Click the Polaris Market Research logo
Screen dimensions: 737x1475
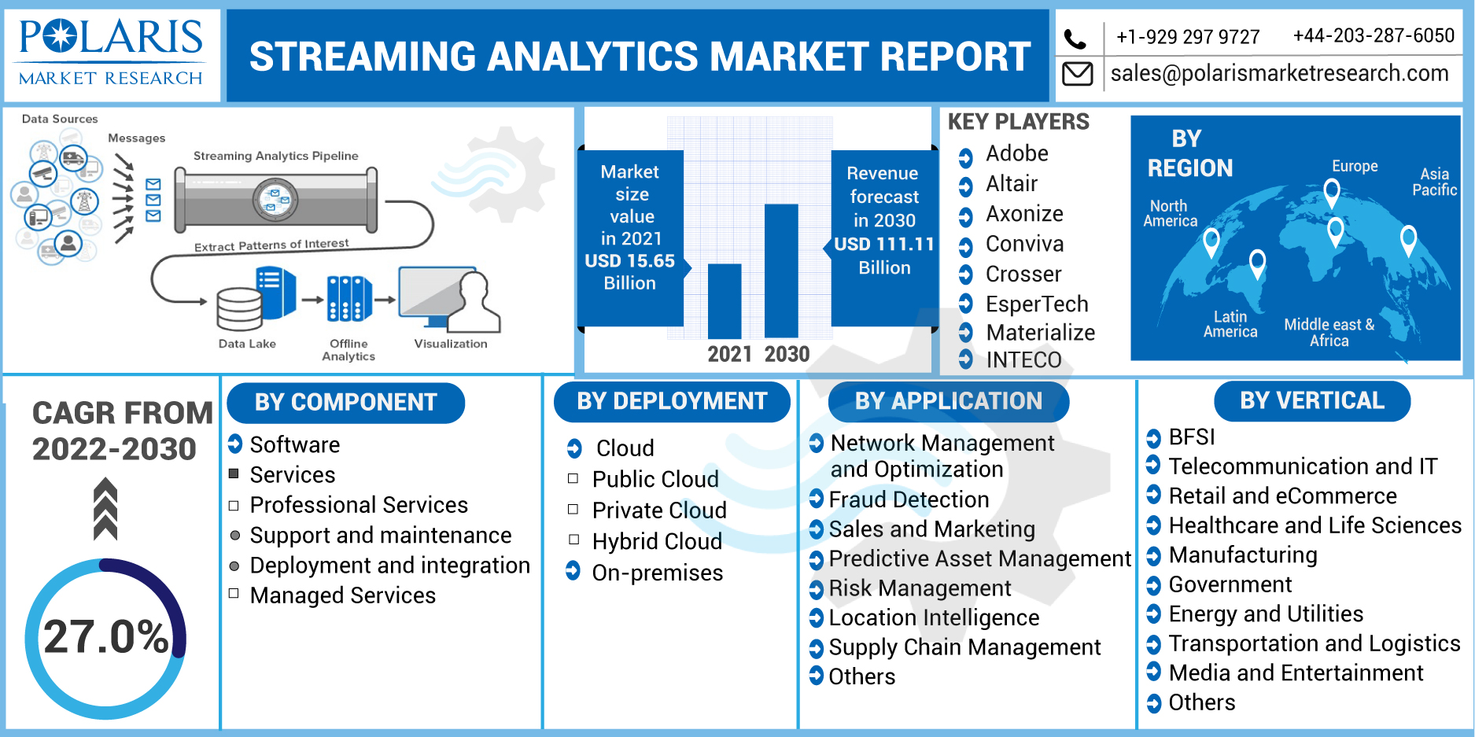(111, 53)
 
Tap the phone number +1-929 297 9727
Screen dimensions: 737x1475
(1188, 37)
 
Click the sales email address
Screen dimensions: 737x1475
(1279, 73)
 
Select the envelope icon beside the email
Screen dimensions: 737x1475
(1077, 74)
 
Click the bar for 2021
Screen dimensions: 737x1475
(724, 300)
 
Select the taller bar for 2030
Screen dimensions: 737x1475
(781, 271)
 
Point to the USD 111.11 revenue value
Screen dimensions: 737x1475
(883, 245)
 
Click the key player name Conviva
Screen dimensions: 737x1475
(1024, 244)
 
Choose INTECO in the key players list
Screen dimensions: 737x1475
(1023, 359)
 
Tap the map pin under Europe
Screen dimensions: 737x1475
(1331, 191)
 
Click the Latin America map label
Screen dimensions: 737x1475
(1230, 324)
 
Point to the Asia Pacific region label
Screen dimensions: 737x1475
(1434, 182)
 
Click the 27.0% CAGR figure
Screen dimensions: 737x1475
(106, 636)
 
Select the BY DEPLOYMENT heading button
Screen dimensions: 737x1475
(672, 401)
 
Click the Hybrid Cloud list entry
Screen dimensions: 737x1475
(656, 541)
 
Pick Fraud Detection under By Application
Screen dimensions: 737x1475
(909, 499)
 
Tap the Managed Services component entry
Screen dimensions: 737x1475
(342, 595)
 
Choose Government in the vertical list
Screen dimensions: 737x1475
(1230, 584)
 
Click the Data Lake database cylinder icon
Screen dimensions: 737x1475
(239, 309)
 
